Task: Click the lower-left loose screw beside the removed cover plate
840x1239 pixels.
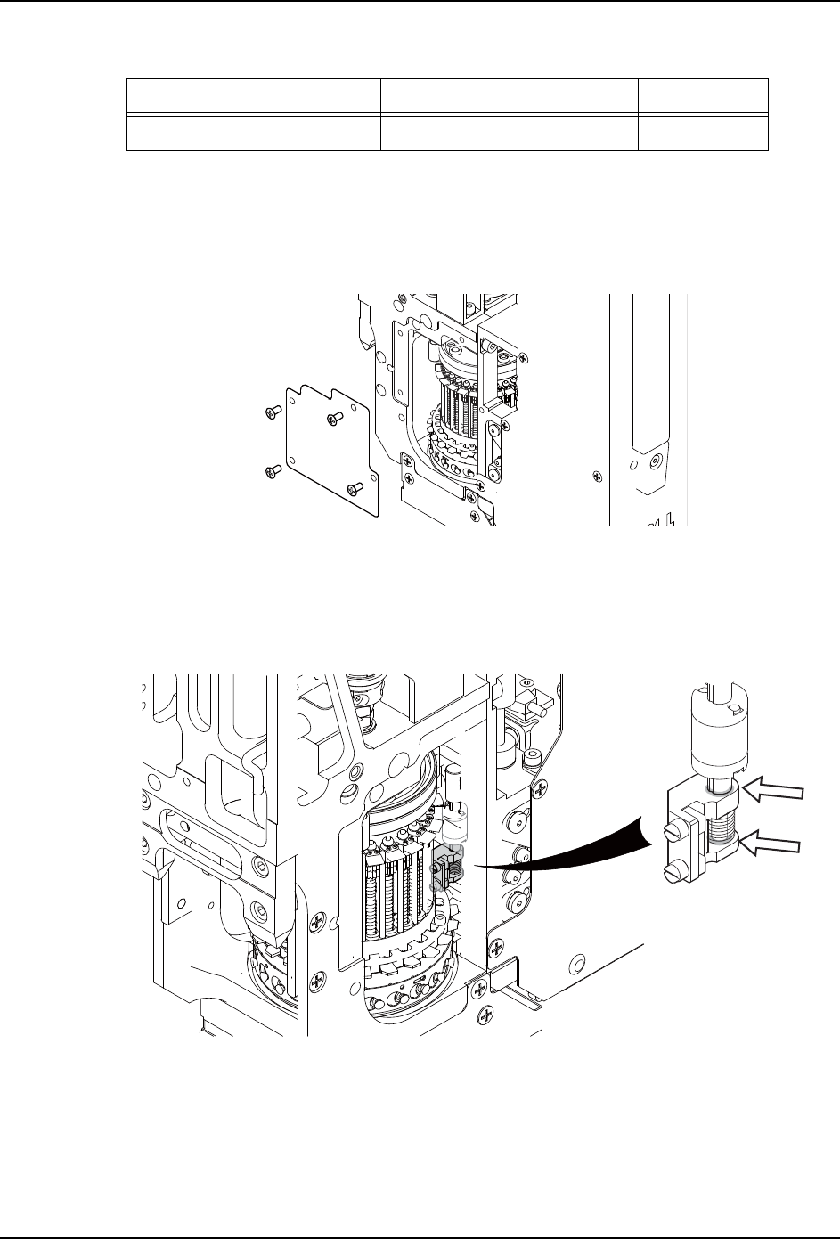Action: tap(274, 469)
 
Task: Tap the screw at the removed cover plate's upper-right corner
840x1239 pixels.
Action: tap(335, 416)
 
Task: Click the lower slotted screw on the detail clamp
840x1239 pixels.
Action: tap(672, 868)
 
